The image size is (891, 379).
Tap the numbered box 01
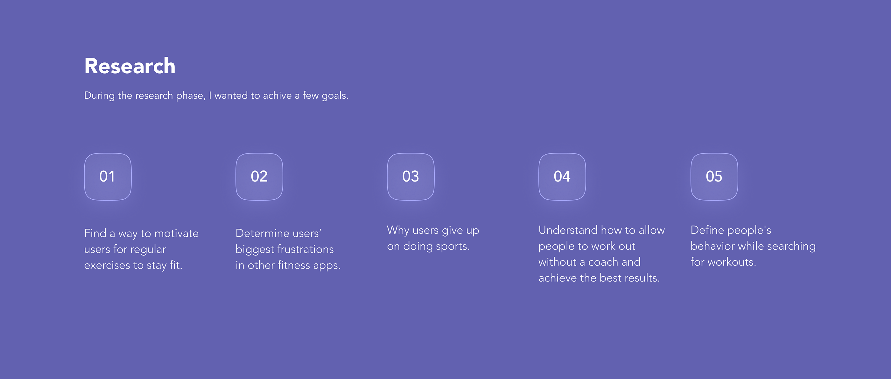(x=108, y=176)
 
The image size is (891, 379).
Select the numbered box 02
(x=259, y=176)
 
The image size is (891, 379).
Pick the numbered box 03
(x=410, y=176)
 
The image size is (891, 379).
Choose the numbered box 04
(x=562, y=176)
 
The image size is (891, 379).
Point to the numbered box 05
(x=714, y=176)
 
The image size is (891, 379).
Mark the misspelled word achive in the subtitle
(x=277, y=96)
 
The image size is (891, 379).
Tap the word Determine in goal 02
(x=263, y=233)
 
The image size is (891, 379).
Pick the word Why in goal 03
(x=398, y=231)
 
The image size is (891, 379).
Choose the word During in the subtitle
(x=99, y=96)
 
